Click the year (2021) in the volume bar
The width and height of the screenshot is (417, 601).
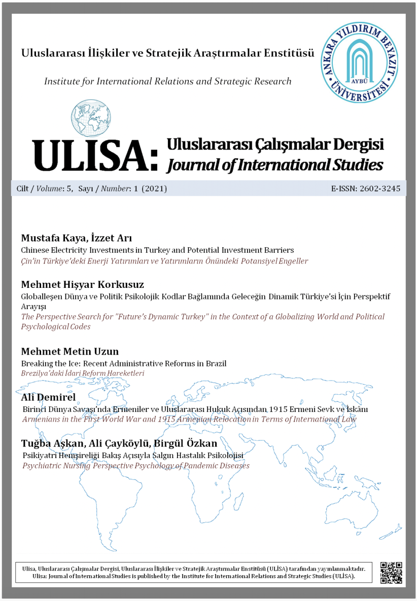[x=154, y=189]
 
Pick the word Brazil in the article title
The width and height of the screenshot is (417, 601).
[x=215, y=363]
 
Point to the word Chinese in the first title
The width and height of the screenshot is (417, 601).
[x=37, y=250]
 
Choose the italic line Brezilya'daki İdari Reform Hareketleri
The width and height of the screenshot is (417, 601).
[x=83, y=373]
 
